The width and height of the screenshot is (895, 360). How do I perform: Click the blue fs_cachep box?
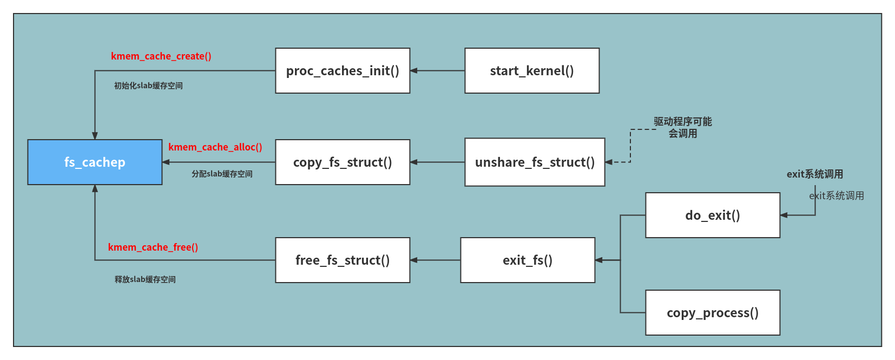(x=95, y=162)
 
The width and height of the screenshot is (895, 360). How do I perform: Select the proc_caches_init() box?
(x=343, y=70)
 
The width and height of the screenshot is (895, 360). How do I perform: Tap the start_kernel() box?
(x=532, y=70)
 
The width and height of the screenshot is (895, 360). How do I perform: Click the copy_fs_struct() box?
(x=343, y=162)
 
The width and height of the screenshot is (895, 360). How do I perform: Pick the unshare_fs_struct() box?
(x=535, y=162)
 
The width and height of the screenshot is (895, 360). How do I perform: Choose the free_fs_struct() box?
(x=343, y=260)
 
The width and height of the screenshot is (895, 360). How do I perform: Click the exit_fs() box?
(x=528, y=260)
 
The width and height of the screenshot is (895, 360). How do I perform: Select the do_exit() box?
(x=713, y=215)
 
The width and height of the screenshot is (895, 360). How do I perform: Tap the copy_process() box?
(x=713, y=312)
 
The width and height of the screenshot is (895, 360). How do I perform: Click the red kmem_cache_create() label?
(x=161, y=56)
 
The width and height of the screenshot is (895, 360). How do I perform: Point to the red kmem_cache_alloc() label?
(x=215, y=147)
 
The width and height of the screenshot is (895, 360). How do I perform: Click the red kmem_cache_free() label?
(x=153, y=247)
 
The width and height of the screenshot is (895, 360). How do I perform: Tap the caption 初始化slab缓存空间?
(x=148, y=86)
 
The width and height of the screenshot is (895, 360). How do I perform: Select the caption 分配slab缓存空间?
(x=222, y=174)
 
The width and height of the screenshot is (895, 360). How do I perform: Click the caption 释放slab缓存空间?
(x=145, y=279)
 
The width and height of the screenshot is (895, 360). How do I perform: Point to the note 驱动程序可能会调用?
(x=682, y=127)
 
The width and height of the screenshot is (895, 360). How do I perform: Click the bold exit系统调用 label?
(x=814, y=174)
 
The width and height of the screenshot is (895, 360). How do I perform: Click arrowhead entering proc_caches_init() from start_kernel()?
(x=414, y=70)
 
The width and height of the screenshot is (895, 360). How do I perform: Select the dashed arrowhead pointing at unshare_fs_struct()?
(x=609, y=162)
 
